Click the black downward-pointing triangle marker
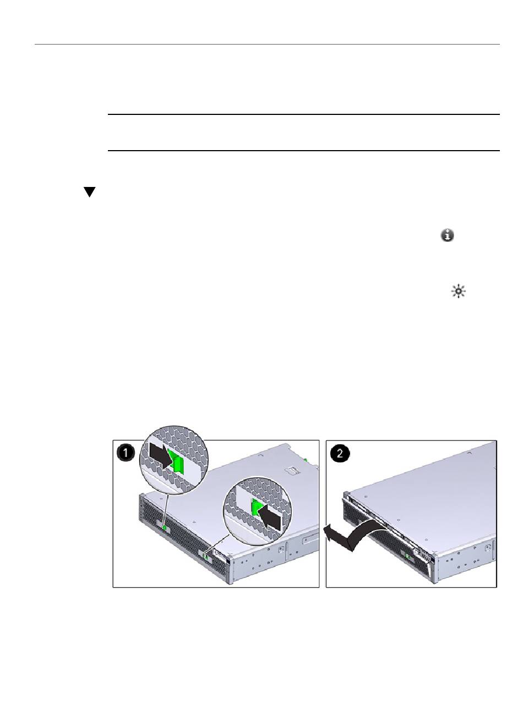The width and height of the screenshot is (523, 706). pos(90,192)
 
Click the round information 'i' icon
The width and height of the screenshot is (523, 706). pos(448,235)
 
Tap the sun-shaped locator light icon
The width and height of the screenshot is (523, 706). pos(458,291)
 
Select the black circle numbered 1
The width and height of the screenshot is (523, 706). pos(126,453)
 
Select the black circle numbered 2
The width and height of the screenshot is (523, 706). pos(340,453)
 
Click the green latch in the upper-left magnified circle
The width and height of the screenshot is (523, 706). pos(178,462)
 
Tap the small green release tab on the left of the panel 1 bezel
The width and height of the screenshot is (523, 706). pos(165,528)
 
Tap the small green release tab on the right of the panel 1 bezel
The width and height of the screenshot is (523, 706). pos(205,555)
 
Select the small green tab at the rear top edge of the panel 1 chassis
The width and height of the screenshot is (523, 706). pos(305,459)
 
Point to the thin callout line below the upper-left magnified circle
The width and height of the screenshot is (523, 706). pos(166,510)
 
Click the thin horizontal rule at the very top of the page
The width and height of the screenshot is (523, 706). pos(267,44)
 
